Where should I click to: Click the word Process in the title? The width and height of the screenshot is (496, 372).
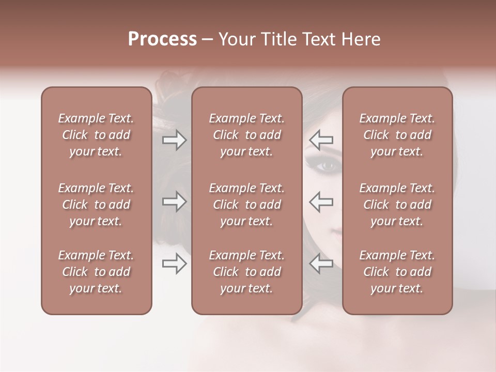click(x=162, y=39)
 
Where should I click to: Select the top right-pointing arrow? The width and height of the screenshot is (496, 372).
click(x=174, y=140)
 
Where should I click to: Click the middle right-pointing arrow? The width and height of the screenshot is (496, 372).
click(x=174, y=201)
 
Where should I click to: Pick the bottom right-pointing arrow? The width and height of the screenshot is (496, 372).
click(x=174, y=263)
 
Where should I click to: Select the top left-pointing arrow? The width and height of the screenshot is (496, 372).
click(x=321, y=140)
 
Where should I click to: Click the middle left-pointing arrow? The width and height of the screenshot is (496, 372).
click(x=321, y=201)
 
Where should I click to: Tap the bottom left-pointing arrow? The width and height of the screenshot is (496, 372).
click(x=321, y=263)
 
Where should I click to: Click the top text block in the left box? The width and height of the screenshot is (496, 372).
click(x=96, y=135)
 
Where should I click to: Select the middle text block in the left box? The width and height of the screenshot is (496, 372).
click(x=96, y=205)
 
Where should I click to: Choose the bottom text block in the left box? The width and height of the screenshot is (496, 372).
click(x=96, y=272)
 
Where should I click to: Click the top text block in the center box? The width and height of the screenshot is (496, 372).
click(x=246, y=135)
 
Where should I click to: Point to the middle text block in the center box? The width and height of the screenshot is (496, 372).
click(x=246, y=205)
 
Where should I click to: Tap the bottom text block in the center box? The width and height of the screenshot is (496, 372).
click(x=246, y=272)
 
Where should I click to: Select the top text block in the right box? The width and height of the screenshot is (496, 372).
click(x=397, y=135)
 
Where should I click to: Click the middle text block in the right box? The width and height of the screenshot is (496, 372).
click(x=397, y=205)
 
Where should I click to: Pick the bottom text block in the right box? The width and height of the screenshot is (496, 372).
click(x=397, y=272)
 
